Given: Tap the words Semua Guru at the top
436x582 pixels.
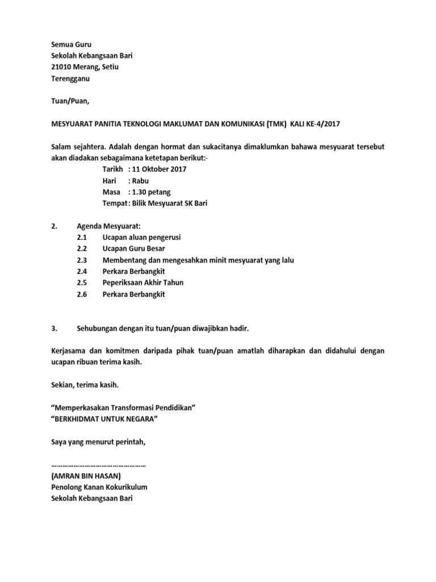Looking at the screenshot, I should click(x=67, y=44).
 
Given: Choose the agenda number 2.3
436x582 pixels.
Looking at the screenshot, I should click(x=81, y=260).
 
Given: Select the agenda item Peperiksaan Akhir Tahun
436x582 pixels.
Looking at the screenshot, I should click(x=142, y=283).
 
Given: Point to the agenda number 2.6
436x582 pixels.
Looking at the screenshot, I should click(x=81, y=294).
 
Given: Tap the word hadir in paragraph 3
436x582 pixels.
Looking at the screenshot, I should click(x=238, y=329).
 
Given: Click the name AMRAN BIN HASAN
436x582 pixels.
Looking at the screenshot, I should click(x=86, y=476).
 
